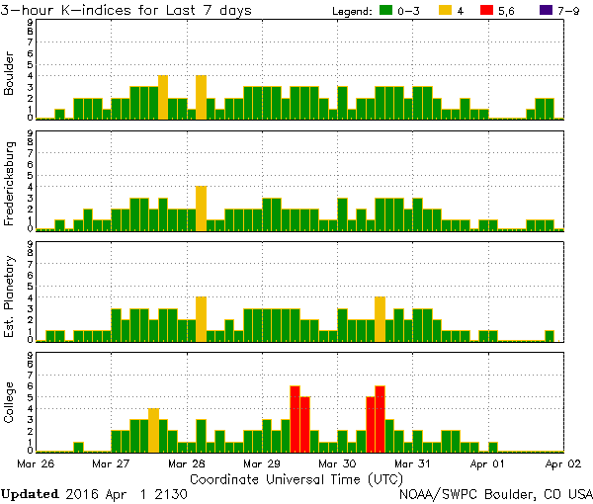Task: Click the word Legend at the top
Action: (349, 11)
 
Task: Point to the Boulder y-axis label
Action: (10, 72)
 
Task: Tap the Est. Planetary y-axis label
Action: (10, 294)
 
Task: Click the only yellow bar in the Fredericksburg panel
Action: (201, 208)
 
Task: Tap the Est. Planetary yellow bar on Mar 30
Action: (381, 318)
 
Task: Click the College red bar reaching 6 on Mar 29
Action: (295, 418)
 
